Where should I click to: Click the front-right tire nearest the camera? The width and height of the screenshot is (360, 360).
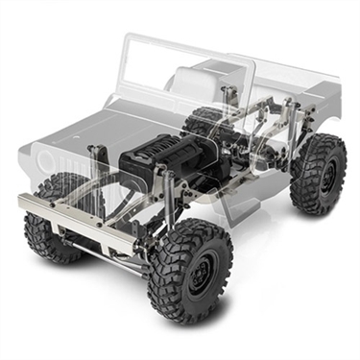(189, 272)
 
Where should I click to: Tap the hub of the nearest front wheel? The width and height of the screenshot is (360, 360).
(199, 276)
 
